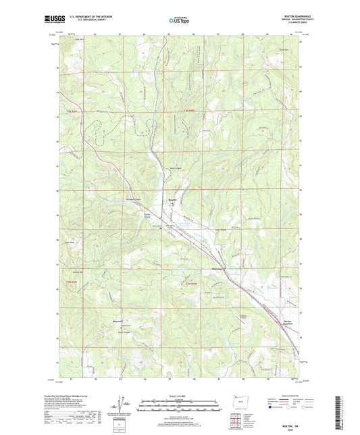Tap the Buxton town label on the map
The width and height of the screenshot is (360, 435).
172,200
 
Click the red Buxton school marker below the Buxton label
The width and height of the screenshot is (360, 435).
172,205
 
